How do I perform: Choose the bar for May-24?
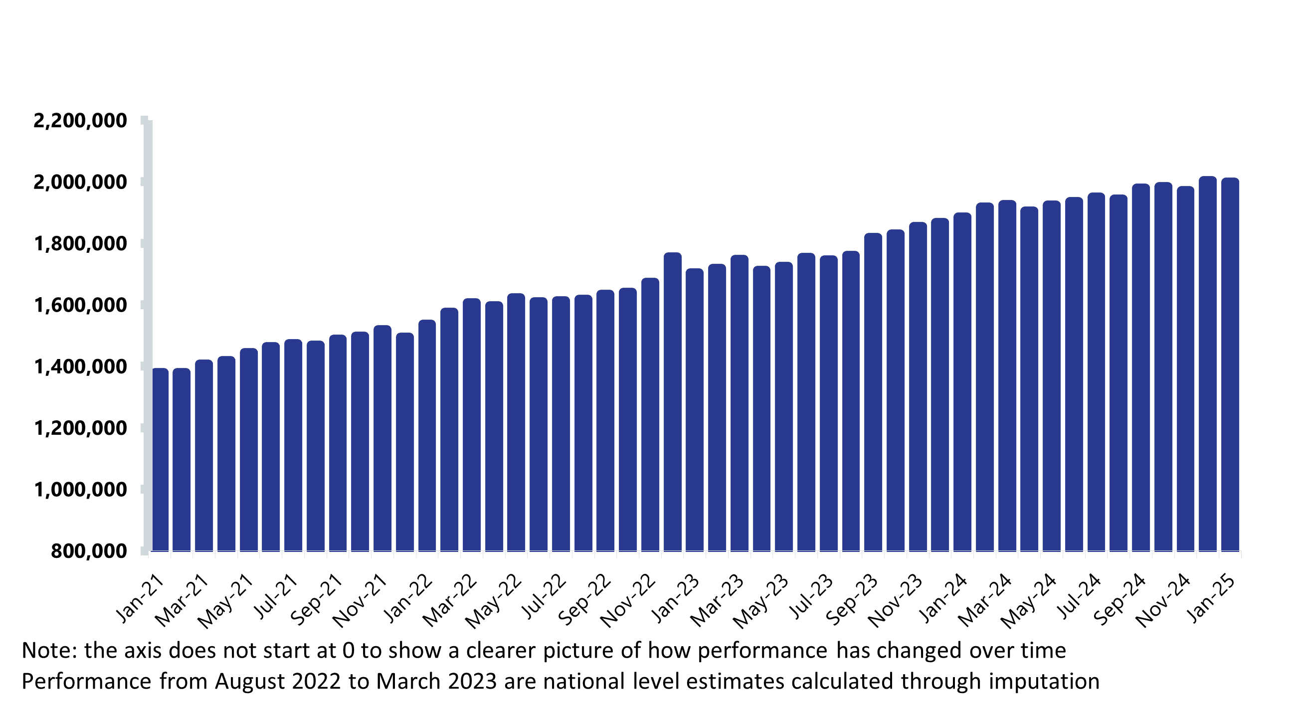click(x=1051, y=375)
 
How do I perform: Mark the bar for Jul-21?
click(x=294, y=445)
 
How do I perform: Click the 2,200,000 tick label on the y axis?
click(x=80, y=121)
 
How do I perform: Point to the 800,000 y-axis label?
click(x=89, y=551)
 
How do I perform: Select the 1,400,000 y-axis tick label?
click(x=80, y=367)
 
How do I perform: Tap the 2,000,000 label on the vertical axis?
click(x=80, y=182)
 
